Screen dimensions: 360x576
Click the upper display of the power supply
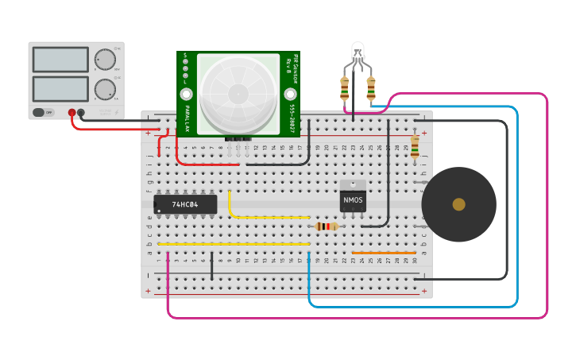(60, 60)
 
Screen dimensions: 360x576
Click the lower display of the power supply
(60, 88)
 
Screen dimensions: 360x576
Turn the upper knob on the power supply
(104, 60)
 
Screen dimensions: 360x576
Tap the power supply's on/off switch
(44, 112)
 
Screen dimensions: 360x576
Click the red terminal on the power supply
(72, 113)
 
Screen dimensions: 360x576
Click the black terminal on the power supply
(81, 113)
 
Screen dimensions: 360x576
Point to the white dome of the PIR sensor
(238, 93)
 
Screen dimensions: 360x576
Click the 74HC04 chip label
(185, 204)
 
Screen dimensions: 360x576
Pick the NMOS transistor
(353, 199)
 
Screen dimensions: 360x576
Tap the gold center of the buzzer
(458, 204)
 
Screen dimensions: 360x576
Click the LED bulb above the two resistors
(358, 52)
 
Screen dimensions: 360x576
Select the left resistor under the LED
(344, 89)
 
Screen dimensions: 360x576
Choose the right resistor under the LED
(370, 89)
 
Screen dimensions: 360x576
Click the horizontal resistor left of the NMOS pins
(326, 226)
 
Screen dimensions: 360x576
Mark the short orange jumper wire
(384, 253)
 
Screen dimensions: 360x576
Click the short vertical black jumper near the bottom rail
(212, 267)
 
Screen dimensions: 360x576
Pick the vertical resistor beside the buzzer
(414, 147)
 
